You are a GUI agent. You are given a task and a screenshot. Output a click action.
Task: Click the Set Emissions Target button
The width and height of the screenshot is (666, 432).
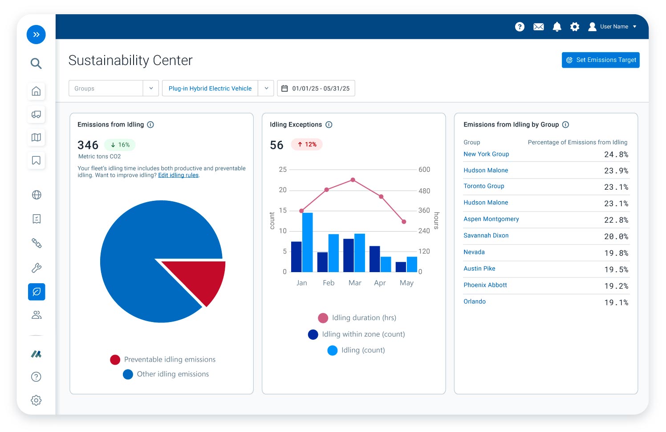tap(600, 60)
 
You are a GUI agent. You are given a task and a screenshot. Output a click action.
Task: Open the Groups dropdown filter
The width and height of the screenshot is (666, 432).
tap(113, 88)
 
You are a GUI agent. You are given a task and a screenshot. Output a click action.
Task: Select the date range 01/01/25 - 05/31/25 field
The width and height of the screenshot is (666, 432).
tap(316, 88)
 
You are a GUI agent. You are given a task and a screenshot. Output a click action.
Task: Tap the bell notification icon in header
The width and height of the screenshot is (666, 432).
tap(556, 27)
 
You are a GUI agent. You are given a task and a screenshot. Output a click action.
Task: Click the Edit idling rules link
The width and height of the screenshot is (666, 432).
tap(178, 175)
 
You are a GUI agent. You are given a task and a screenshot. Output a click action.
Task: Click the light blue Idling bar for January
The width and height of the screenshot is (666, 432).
tap(307, 242)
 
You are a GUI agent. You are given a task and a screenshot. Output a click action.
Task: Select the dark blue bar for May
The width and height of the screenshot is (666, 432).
tap(401, 267)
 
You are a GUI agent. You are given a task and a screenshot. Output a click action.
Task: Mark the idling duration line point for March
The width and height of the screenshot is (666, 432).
tap(353, 180)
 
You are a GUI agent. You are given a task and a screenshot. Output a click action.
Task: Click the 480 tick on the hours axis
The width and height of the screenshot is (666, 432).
tap(424, 191)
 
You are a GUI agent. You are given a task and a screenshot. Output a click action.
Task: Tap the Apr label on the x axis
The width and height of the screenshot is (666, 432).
tap(380, 283)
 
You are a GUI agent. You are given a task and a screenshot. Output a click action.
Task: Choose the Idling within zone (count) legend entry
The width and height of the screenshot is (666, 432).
tap(356, 334)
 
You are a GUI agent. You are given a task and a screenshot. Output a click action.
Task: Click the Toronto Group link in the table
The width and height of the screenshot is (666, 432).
tap(483, 186)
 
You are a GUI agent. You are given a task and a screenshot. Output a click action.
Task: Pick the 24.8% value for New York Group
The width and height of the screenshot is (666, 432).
tap(616, 155)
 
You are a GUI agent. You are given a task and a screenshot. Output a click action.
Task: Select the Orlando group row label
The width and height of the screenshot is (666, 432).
tap(475, 302)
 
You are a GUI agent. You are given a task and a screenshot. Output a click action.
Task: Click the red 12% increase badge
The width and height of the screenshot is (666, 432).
tap(307, 144)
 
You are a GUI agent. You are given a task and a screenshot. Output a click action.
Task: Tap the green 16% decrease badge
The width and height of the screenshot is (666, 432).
tap(120, 145)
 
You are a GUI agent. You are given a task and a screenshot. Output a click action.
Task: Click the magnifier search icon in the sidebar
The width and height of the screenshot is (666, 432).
tap(36, 63)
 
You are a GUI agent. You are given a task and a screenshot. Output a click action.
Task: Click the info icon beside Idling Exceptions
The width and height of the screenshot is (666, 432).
tap(329, 125)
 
